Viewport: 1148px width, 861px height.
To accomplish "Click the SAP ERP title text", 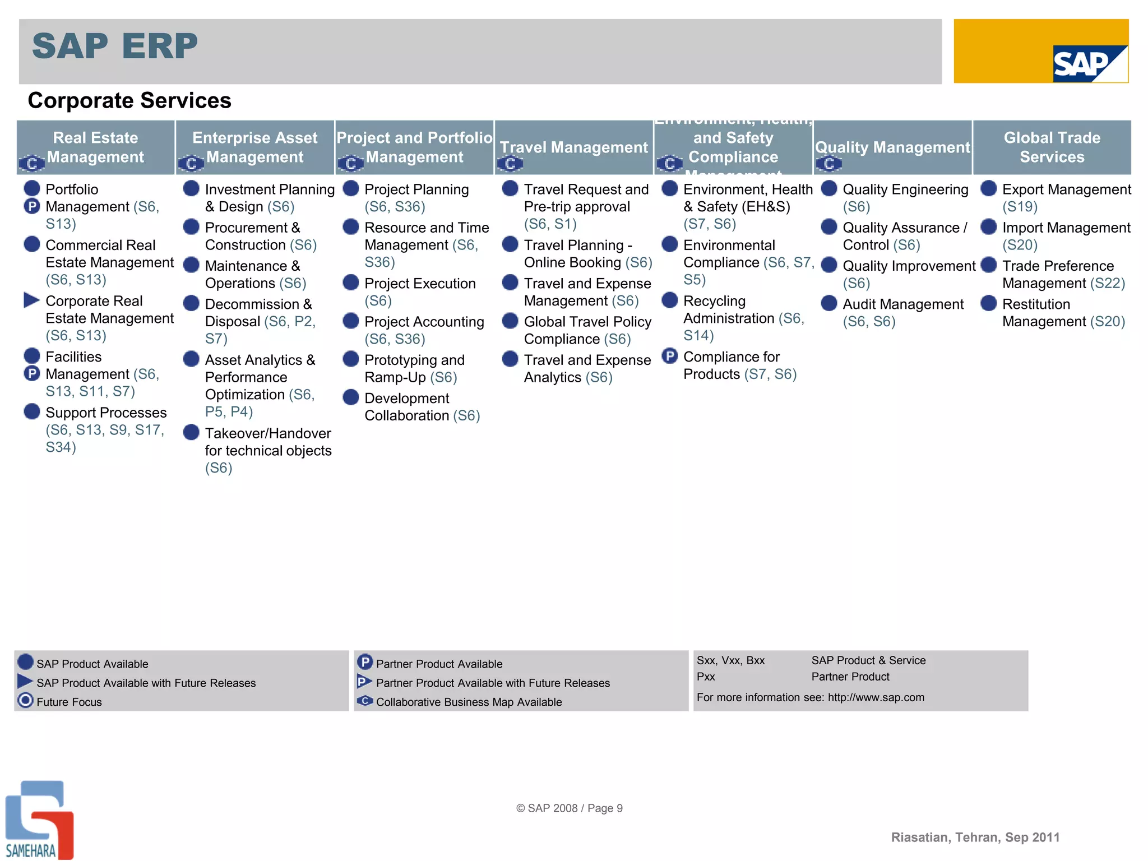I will tap(115, 46).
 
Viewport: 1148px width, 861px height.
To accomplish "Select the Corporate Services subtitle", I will tap(129, 101).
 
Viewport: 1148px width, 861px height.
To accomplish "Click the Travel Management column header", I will tap(573, 147).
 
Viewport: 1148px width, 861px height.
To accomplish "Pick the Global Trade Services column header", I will tap(1052, 147).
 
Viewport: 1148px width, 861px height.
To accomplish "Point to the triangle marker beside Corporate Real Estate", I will tap(31, 300).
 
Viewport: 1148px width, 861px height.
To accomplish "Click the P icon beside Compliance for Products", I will tap(669, 356).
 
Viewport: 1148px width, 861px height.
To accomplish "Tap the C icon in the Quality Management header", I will tap(828, 164).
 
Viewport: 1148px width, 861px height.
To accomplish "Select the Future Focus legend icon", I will tap(26, 701).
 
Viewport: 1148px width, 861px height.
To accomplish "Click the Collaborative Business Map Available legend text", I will tap(469, 702).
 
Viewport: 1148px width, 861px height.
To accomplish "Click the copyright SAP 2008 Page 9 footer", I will tap(569, 808).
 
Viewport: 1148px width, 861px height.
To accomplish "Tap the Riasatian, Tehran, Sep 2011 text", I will tap(975, 837).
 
